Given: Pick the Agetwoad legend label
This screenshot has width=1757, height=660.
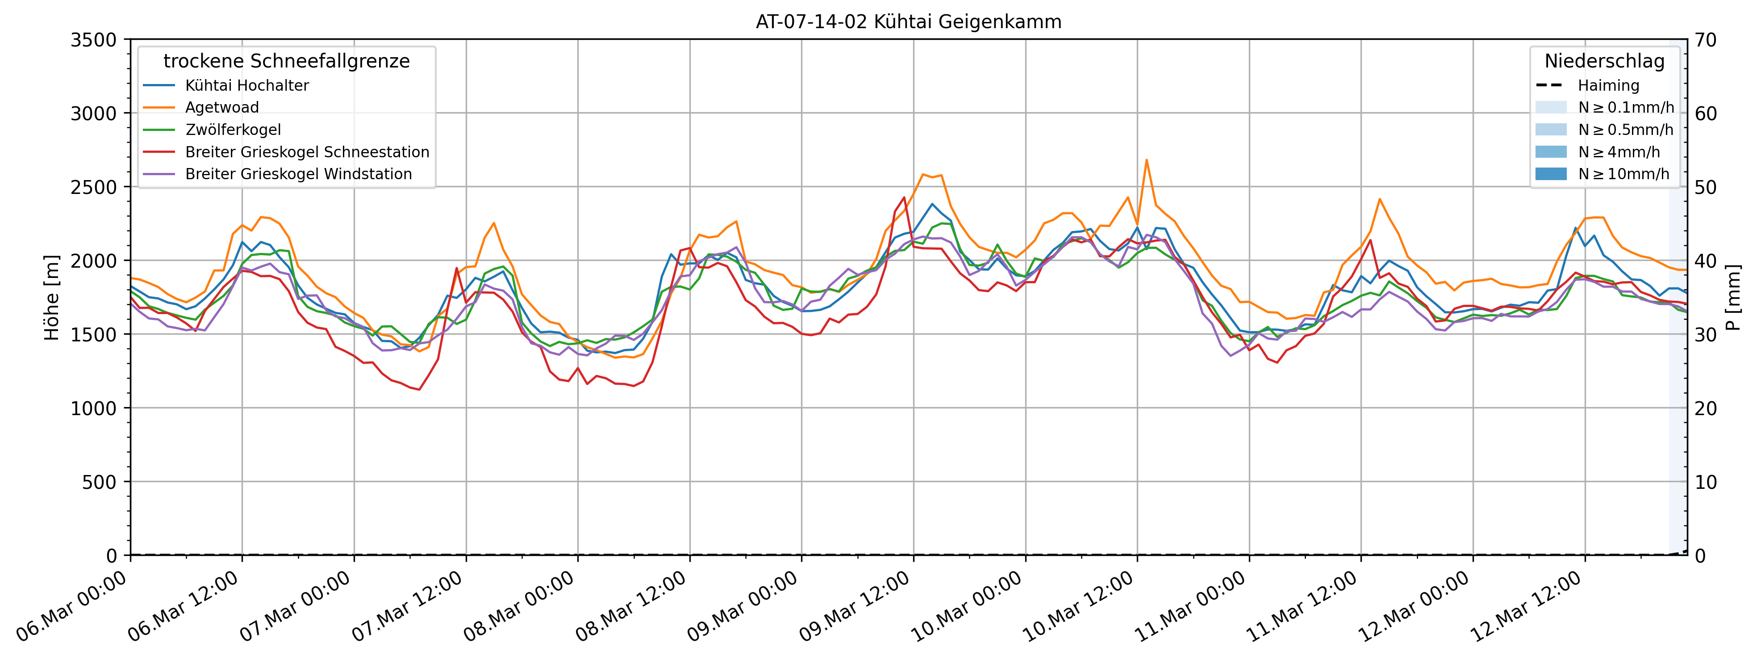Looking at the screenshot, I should point(221,107).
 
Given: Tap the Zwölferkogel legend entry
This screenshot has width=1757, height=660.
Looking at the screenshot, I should point(233,130).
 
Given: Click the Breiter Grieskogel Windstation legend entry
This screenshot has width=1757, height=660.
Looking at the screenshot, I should point(298,174).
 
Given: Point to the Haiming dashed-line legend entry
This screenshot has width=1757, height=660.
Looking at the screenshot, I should point(1607,85).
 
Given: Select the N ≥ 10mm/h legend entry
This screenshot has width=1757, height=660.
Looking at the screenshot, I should point(1623,174).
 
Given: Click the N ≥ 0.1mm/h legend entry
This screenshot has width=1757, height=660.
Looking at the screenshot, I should point(1625,107).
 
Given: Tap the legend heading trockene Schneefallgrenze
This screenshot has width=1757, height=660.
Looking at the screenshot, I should point(287,61).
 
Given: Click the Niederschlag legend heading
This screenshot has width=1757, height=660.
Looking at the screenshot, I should point(1604,61).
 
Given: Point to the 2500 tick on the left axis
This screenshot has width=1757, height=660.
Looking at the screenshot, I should point(93,187).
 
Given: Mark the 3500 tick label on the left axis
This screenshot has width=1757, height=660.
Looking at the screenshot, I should point(93,40).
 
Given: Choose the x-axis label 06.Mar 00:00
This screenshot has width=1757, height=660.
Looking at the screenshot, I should point(71,606).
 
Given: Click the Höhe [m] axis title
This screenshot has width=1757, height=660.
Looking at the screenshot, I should point(52,298).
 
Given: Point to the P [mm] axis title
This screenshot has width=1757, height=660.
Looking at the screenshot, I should point(1734,298).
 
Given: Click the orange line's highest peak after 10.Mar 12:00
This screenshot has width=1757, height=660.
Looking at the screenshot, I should point(1147,160).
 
